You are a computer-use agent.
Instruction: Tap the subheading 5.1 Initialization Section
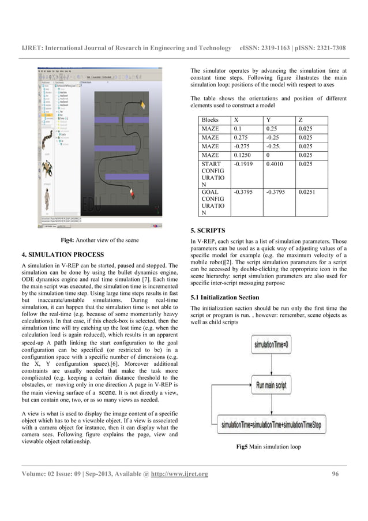coord(228,297)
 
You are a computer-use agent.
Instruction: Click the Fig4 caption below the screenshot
coord(99,239)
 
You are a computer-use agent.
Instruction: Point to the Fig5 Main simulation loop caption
coord(269,447)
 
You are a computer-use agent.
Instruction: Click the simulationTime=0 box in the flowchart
coord(269,347)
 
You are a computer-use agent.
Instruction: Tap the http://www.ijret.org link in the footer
coord(179,474)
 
